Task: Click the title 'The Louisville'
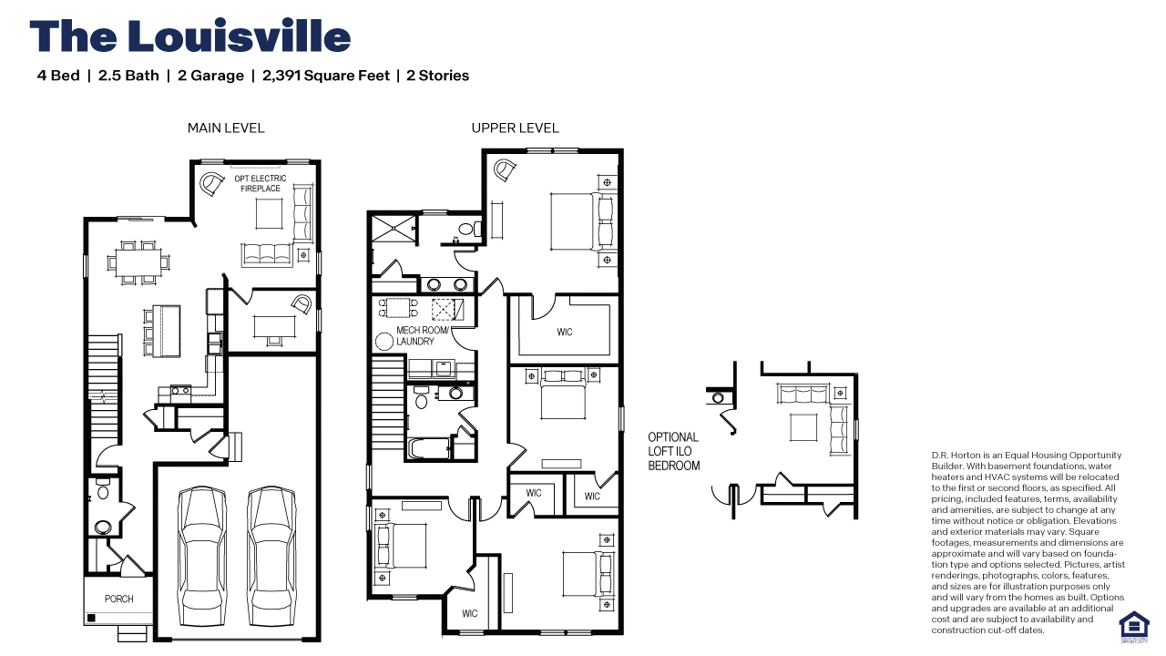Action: tap(189, 36)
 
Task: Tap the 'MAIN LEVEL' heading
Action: tap(226, 128)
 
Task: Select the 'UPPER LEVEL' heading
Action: tap(515, 128)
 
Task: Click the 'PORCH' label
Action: tap(118, 599)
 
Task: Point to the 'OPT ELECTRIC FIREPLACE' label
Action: tap(261, 183)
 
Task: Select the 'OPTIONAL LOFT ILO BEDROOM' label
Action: tap(674, 451)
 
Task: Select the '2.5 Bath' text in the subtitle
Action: tap(128, 76)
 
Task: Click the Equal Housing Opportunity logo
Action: tap(1133, 625)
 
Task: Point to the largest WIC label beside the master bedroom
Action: tap(565, 332)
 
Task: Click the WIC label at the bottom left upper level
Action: tap(470, 613)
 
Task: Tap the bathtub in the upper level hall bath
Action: tap(429, 449)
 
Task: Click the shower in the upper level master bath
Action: tap(392, 229)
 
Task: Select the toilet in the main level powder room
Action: tap(102, 492)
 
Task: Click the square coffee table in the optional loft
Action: tap(803, 426)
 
